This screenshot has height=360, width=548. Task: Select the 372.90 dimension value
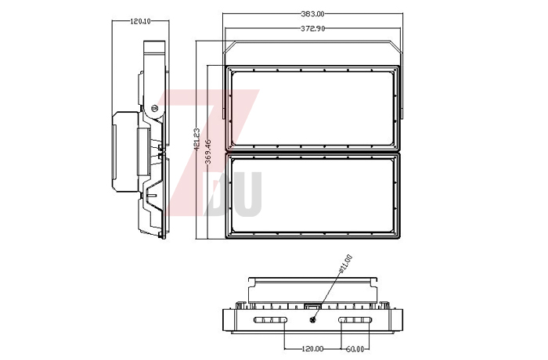point(314,28)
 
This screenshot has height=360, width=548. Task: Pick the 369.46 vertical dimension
point(208,146)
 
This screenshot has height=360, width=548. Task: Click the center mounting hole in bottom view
point(313,319)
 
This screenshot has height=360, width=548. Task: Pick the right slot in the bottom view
point(357,321)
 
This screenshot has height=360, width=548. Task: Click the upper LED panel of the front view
point(314,108)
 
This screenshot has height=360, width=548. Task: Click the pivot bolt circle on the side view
point(155,108)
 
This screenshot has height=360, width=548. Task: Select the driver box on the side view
point(125,151)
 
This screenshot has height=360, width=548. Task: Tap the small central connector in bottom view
point(313,308)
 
